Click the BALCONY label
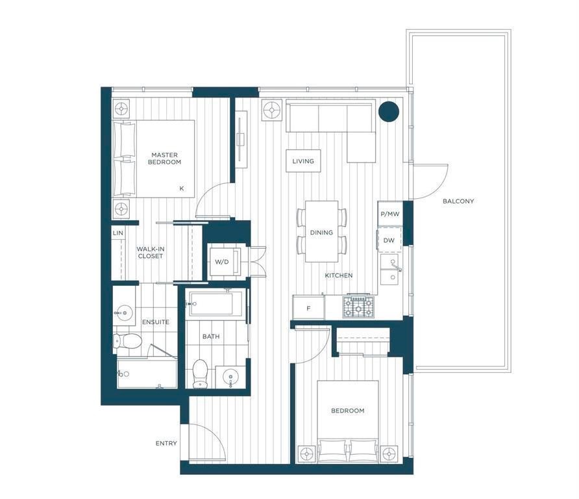pos(458,201)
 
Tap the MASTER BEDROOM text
pos(165,158)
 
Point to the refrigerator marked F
pos(309,307)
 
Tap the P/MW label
pos(390,214)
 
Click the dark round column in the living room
pos(389,111)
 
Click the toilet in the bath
pos(201,374)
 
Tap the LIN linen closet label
pos(117,233)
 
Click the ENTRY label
pos(166,443)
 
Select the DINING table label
pos(321,233)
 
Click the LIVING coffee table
pos(303,160)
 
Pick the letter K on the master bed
pos(182,188)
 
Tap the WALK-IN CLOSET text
pos(151,253)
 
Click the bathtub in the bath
pos(216,303)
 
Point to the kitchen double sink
pos(389,269)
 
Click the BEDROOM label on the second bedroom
pos(347,411)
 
